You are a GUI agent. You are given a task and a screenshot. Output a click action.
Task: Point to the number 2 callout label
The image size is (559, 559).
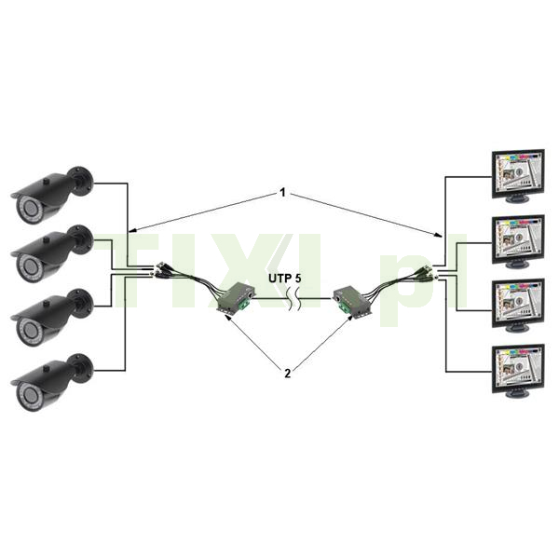287,374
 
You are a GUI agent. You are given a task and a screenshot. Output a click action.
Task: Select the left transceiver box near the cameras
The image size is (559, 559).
235,299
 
